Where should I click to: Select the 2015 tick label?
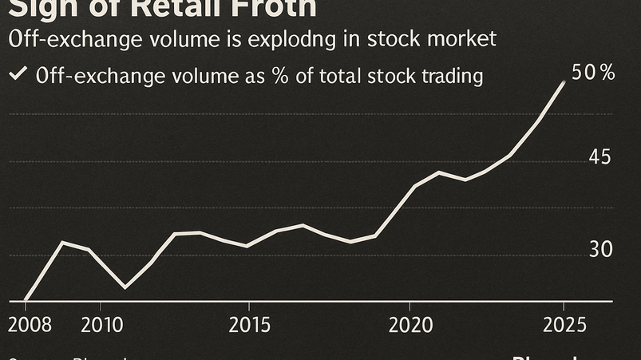pos(248,326)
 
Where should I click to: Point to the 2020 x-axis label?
pos(410,326)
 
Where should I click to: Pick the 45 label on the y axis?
pos(599,157)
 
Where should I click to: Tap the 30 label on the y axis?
pos(600,250)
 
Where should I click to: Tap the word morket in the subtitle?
pos(463,38)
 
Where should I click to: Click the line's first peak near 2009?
pos(64,242)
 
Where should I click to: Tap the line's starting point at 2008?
pos(26,300)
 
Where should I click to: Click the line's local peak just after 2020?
pos(439,172)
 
